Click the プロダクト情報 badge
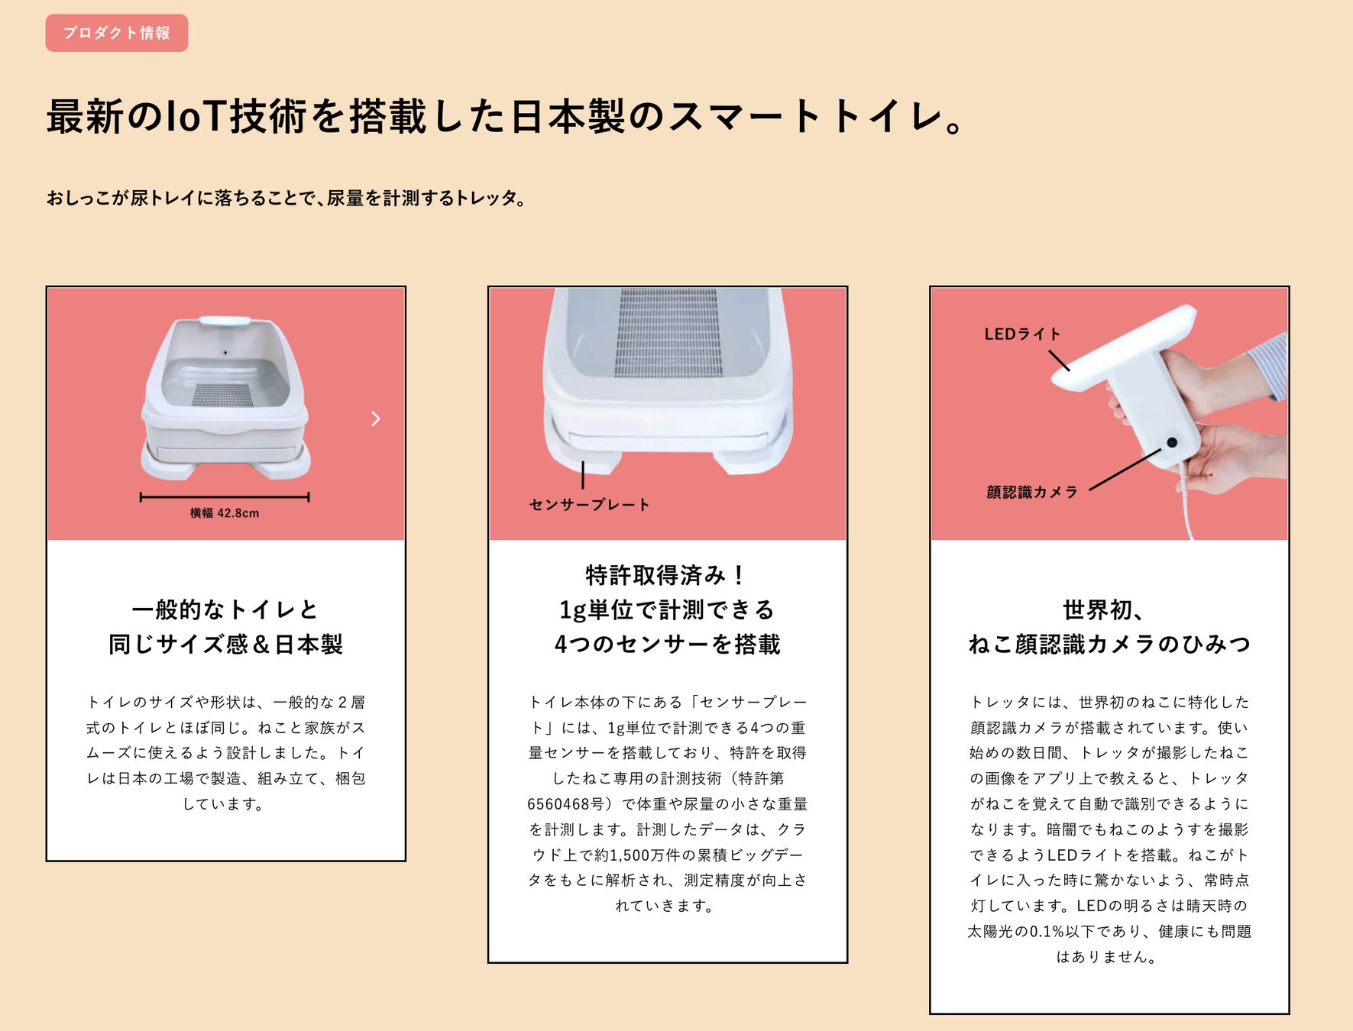pos(116,33)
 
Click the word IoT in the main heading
pos(194,117)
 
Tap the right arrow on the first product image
pos(375,419)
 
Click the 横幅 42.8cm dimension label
pos(225,513)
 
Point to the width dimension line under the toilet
pos(225,497)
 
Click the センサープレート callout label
pos(589,505)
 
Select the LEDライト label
pos(1022,334)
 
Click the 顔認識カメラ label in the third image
pos(1031,493)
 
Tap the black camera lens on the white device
pos(1171,442)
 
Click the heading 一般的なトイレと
pos(225,609)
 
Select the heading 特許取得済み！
pos(667,574)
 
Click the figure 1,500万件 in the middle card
pos(652,855)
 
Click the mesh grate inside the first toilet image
pos(223,394)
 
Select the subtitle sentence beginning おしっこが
pos(286,199)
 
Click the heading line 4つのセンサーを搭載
pos(667,644)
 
